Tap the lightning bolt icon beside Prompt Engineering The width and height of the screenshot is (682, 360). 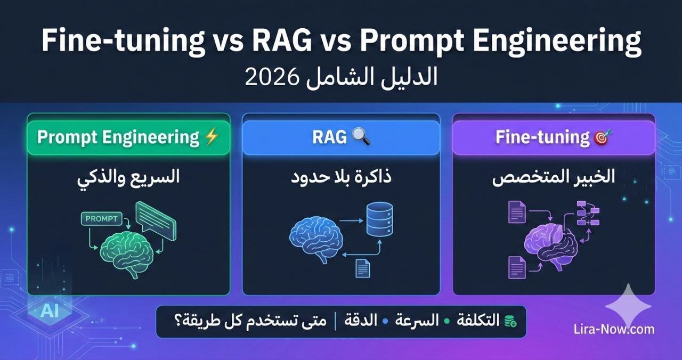(x=212, y=137)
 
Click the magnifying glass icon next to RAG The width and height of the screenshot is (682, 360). (x=361, y=137)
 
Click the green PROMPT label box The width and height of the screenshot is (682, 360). (x=101, y=219)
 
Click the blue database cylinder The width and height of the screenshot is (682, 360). (x=379, y=219)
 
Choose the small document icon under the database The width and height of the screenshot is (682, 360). (x=362, y=267)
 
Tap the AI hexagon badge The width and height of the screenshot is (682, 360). (x=49, y=311)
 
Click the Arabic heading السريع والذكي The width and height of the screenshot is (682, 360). (x=128, y=178)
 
